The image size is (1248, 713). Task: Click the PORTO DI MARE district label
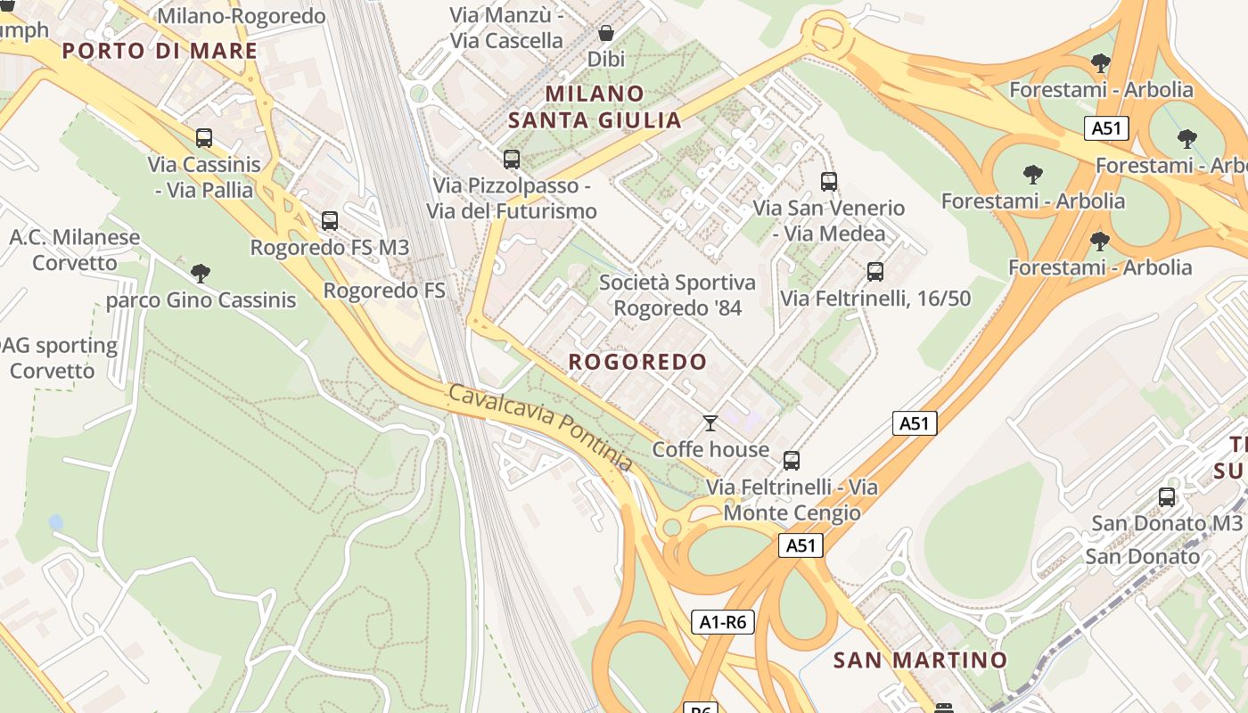click(x=160, y=51)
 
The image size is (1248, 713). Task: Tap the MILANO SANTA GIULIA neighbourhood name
click(x=595, y=107)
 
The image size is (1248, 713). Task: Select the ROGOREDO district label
click(x=637, y=362)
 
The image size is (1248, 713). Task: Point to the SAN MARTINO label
click(x=920, y=660)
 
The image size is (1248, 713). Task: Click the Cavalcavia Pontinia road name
click(x=540, y=429)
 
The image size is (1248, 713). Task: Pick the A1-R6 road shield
click(x=723, y=622)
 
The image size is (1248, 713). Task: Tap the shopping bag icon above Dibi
click(x=606, y=33)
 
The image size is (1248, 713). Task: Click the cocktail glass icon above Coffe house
click(x=710, y=422)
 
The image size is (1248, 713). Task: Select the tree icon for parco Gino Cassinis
click(x=201, y=274)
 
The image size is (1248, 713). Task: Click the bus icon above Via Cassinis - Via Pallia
click(x=204, y=138)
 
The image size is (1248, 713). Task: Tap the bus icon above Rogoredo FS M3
click(x=330, y=220)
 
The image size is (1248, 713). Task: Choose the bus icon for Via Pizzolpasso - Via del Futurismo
click(x=512, y=160)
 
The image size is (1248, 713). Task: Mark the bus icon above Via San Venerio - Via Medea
click(x=829, y=182)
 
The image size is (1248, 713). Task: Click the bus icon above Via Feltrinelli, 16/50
click(x=875, y=272)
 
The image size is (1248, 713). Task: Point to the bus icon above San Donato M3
click(x=1167, y=497)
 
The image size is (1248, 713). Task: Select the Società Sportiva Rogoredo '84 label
click(x=677, y=295)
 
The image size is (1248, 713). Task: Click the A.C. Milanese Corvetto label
click(x=75, y=250)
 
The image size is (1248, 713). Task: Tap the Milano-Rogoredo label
click(x=241, y=16)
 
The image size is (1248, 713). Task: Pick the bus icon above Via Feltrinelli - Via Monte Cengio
click(x=792, y=461)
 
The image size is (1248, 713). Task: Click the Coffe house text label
click(x=710, y=449)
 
